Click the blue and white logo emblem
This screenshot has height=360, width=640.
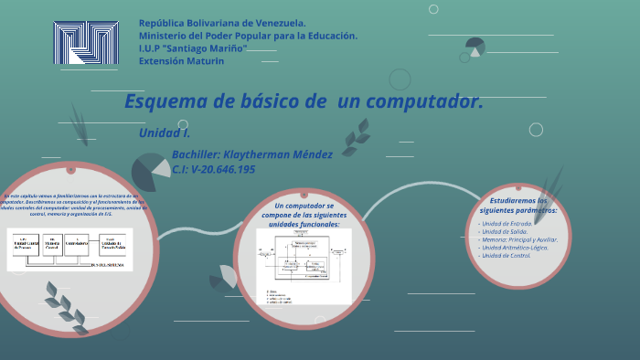click(x=86, y=43)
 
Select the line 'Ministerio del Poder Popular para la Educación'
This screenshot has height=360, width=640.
click(x=248, y=36)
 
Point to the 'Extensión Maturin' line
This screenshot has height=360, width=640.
click(x=181, y=61)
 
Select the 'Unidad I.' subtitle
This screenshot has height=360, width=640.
click(x=165, y=133)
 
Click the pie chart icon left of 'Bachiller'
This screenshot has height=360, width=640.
click(x=150, y=172)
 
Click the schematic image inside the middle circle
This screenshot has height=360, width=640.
click(x=304, y=266)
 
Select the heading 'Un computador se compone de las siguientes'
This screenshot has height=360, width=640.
click(x=304, y=211)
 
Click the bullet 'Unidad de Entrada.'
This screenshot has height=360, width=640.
click(x=507, y=223)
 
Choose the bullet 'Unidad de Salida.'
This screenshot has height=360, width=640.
click(x=504, y=231)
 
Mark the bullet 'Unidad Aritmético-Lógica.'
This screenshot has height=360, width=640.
click(x=514, y=248)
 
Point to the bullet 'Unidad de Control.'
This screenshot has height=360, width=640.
click(x=506, y=256)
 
